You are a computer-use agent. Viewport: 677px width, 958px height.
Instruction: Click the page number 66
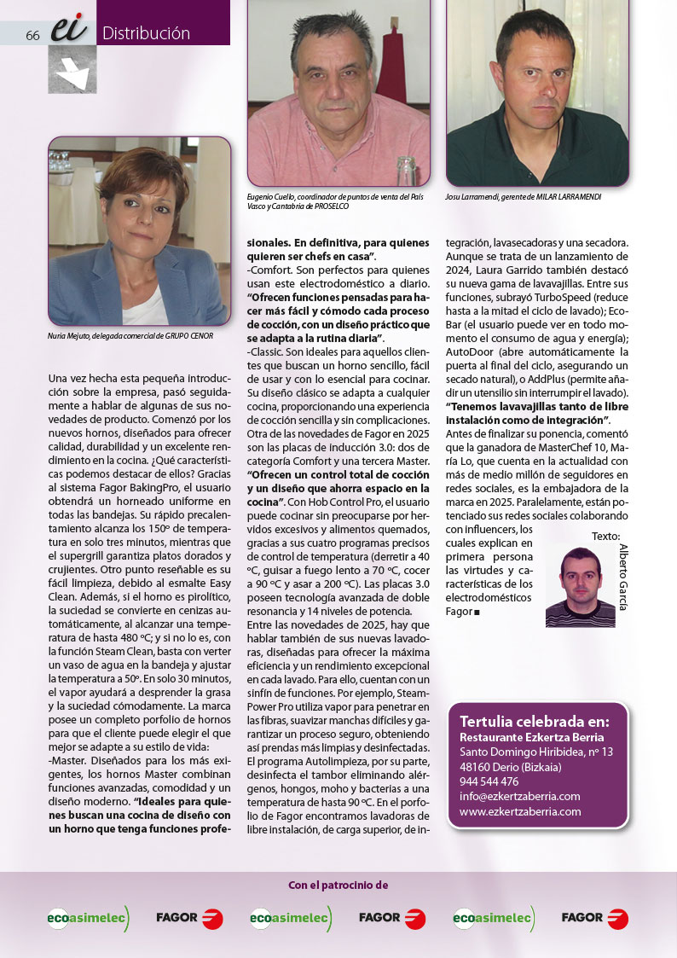pos(33,35)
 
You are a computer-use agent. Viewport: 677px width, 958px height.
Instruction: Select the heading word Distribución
pos(146,34)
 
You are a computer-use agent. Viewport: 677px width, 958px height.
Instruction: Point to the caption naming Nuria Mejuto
pos(130,335)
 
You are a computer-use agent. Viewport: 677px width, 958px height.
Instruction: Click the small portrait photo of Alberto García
pos(580,587)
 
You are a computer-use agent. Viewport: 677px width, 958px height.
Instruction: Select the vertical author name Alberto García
pos(623,577)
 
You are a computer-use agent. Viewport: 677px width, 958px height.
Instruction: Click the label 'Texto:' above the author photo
pos(605,536)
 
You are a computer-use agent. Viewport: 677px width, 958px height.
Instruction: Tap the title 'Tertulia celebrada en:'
pos(534,720)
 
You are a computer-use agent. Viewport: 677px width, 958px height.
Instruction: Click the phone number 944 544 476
pos(489,781)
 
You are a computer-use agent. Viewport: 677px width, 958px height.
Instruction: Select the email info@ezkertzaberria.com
pos(519,796)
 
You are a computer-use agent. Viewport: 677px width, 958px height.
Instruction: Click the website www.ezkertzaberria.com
pos(520,811)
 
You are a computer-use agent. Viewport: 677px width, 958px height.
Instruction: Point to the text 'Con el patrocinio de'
pos(338,885)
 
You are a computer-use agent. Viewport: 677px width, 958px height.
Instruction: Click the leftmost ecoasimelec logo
pos(88,918)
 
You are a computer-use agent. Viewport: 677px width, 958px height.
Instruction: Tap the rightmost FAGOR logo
pos(594,918)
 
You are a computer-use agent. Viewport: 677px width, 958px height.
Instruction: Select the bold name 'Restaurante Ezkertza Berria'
pos(531,737)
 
